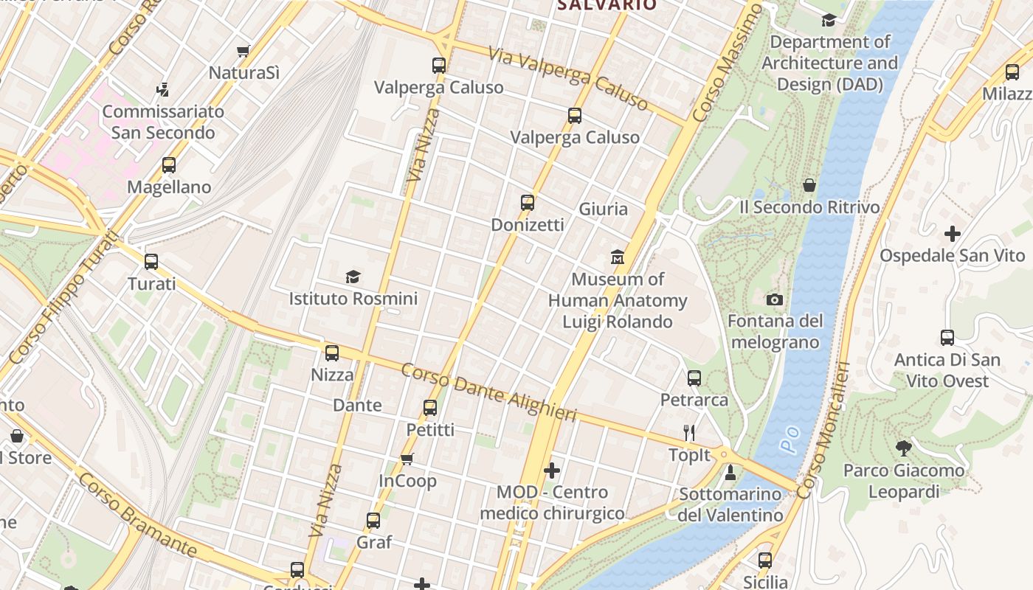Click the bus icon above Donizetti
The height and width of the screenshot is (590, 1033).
[x=527, y=203]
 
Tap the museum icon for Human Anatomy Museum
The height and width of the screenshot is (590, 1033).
[x=618, y=257]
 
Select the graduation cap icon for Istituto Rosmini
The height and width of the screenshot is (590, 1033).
[x=353, y=277]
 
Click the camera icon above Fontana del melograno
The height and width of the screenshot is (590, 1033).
[x=774, y=299]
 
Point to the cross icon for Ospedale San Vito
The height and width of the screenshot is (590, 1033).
[x=952, y=234]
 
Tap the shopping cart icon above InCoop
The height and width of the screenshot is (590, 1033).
[x=407, y=459]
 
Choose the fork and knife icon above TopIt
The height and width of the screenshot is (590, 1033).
[x=689, y=433]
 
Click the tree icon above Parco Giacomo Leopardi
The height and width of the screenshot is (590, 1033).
[x=903, y=448]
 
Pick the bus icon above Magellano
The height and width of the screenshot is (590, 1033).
[x=169, y=165]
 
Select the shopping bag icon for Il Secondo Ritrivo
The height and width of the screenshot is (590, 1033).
[x=809, y=185]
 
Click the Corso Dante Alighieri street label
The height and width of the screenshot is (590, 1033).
[x=488, y=392]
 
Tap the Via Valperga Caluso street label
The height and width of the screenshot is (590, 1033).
[x=568, y=78]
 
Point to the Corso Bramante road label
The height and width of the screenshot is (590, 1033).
[x=137, y=516]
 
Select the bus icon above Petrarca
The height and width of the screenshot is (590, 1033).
[x=694, y=378]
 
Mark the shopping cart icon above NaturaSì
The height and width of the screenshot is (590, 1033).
[x=243, y=51]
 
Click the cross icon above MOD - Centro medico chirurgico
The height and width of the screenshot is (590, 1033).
[x=551, y=470]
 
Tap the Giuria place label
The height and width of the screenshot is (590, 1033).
[x=603, y=209]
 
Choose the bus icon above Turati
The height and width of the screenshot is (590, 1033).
[x=151, y=262]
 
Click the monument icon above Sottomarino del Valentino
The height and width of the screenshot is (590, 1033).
[x=730, y=472]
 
